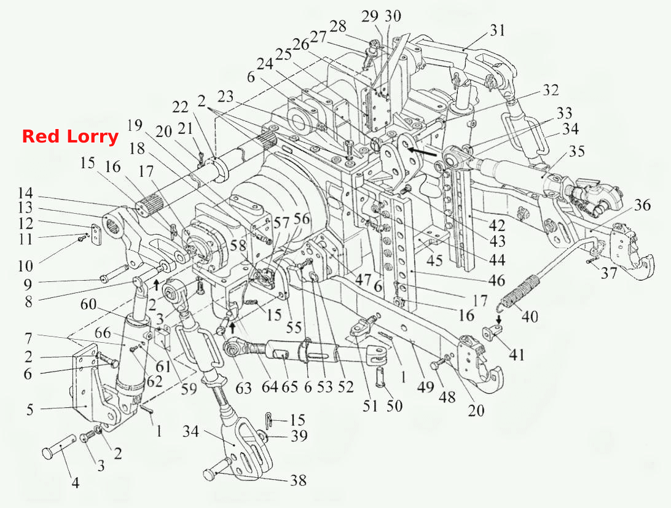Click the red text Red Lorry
tap(70, 136)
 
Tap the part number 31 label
tap(497, 31)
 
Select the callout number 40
tap(529, 316)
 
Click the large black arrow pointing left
tap(422, 151)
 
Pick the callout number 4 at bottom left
tap(75, 483)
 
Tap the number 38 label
tap(298, 480)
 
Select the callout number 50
tap(394, 405)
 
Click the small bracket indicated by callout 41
tap(492, 332)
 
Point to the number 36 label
tap(642, 205)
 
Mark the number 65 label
tap(289, 386)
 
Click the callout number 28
tap(337, 26)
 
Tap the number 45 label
tap(434, 259)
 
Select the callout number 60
tap(88, 304)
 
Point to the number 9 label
tap(28, 283)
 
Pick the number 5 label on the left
tap(29, 409)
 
